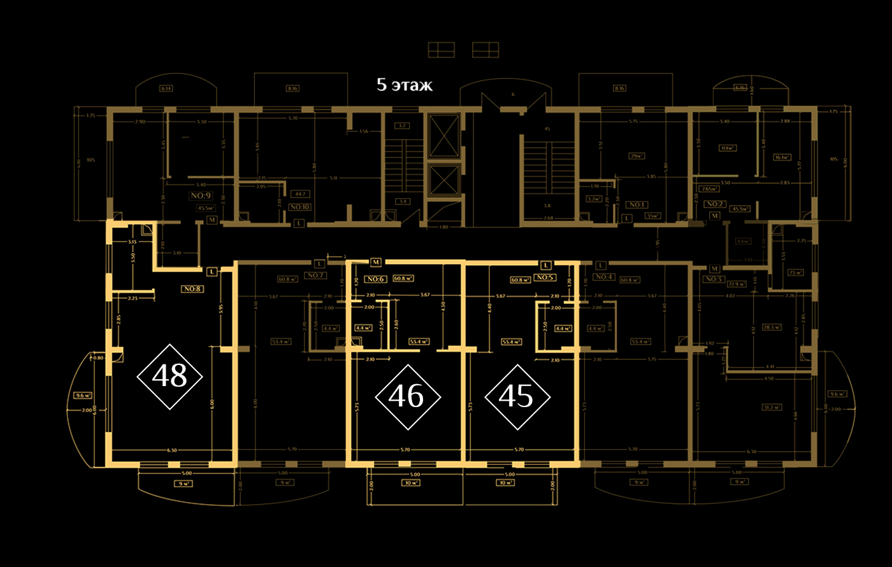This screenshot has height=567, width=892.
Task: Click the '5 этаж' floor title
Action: (x=405, y=85)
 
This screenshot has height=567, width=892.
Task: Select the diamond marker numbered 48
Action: (x=170, y=377)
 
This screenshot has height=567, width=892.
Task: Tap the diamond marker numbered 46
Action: (x=407, y=397)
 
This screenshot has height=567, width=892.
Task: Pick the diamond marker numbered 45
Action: (x=517, y=397)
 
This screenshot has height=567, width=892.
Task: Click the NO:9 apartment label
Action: (x=201, y=196)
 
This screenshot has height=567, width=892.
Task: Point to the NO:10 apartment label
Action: (x=299, y=207)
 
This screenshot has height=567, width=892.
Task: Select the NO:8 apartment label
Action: (x=192, y=289)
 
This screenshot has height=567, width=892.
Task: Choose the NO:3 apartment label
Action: (x=713, y=279)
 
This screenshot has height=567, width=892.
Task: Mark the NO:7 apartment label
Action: (x=315, y=275)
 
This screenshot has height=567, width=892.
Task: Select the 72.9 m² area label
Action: (x=737, y=284)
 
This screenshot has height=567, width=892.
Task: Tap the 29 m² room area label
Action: (x=635, y=156)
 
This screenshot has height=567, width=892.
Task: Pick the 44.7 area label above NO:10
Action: (x=299, y=194)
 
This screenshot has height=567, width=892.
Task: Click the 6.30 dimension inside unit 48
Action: (x=172, y=450)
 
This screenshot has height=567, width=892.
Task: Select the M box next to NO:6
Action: (x=376, y=262)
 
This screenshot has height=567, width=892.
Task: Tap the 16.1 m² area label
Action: (x=782, y=157)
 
